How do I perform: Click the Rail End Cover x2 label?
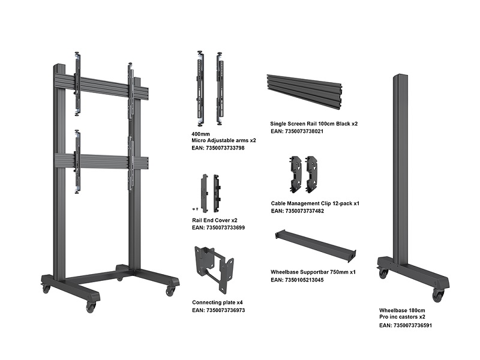pyautogui.click(x=215, y=220)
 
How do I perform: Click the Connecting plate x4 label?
pyautogui.click(x=217, y=302)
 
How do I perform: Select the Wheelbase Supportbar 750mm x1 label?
pyautogui.click(x=313, y=272)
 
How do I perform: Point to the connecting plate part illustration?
pyautogui.click(x=214, y=268)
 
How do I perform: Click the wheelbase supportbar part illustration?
pyautogui.click(x=316, y=246)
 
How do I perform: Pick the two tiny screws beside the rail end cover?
pyautogui.click(x=196, y=209)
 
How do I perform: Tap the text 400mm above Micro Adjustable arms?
pyautogui.click(x=200, y=134)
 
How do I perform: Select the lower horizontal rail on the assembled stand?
pyautogui.click(x=101, y=161)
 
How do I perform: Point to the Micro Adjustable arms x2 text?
pyautogui.click(x=223, y=140)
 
